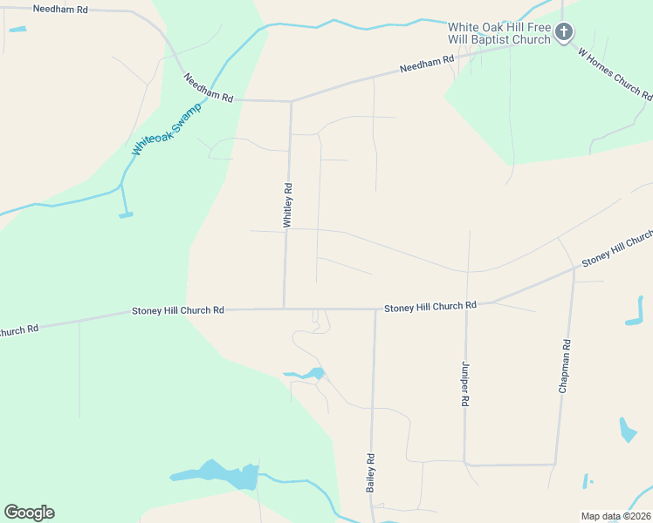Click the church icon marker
(x=564, y=33)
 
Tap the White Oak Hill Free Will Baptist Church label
(x=498, y=33)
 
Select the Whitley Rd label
(x=287, y=205)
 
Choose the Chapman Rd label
(x=565, y=365)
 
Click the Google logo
(x=29, y=513)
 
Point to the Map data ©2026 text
(x=615, y=516)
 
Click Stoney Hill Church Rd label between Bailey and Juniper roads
(x=430, y=307)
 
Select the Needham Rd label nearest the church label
(x=428, y=64)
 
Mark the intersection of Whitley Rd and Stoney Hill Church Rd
(x=284, y=309)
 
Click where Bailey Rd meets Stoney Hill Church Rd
(x=375, y=309)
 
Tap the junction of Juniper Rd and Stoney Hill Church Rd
(x=467, y=305)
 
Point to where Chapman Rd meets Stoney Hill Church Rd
(x=574, y=268)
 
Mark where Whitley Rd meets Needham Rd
(x=291, y=101)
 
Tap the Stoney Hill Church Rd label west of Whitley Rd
(x=178, y=310)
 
